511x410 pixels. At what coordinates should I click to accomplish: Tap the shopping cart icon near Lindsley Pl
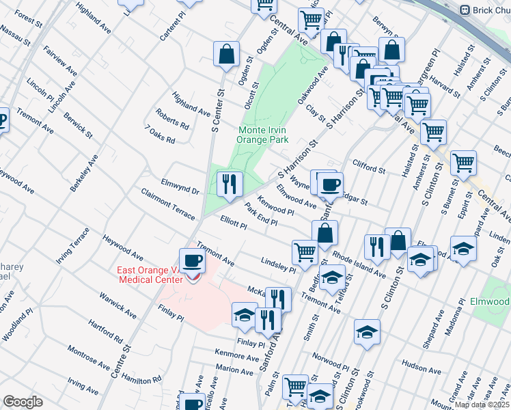305,251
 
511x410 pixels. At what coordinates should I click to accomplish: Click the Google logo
23,402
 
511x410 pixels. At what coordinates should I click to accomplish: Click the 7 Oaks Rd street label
160,134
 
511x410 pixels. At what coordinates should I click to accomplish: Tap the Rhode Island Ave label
359,264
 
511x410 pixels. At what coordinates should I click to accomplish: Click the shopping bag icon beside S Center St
226,53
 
